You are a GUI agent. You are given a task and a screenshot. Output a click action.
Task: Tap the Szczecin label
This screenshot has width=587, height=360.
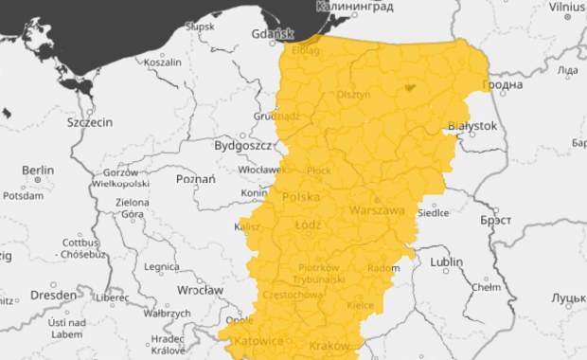pyautogui.click(x=90, y=123)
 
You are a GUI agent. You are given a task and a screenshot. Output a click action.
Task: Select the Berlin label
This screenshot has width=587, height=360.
pyautogui.click(x=39, y=171)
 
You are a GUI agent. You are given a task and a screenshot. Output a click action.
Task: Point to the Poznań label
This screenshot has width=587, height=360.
pyautogui.click(x=197, y=178)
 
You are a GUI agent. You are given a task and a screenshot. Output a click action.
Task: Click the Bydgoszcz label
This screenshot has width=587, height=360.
pyautogui.click(x=242, y=147)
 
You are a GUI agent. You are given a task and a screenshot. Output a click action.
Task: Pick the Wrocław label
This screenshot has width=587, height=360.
pyautogui.click(x=200, y=289)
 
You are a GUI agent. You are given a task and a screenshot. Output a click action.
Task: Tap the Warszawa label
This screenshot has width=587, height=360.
pyautogui.click(x=377, y=210)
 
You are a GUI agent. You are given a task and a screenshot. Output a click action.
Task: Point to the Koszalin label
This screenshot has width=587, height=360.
pyautogui.click(x=162, y=62)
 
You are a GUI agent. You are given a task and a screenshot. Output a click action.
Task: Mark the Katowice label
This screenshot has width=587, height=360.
pyautogui.click(x=258, y=340)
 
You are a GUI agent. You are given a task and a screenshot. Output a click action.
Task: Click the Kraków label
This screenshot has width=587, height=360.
pyautogui.click(x=329, y=346)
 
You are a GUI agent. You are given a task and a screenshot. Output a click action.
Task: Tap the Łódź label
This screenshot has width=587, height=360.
pyautogui.click(x=309, y=225)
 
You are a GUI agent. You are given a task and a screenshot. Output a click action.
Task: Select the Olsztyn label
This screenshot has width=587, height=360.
pyautogui.click(x=354, y=95)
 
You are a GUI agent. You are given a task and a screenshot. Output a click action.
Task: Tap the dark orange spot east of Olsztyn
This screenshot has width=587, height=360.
pyautogui.click(x=409, y=86)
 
